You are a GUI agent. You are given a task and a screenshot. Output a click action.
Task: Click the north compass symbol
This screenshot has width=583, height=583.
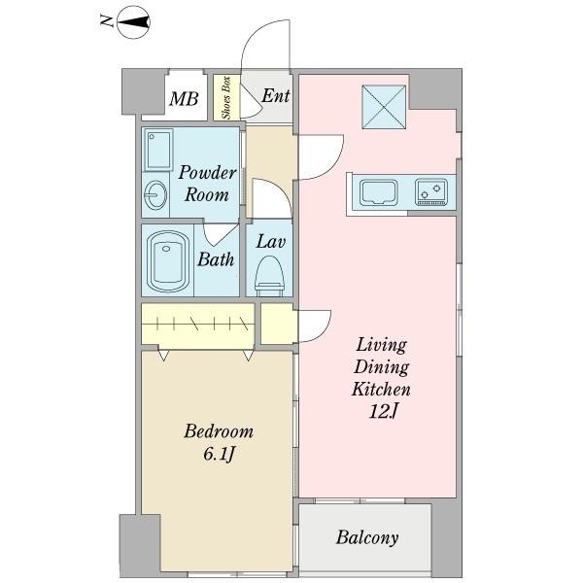click(133, 22)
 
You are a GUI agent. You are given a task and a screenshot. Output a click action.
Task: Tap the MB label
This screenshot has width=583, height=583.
click(184, 98)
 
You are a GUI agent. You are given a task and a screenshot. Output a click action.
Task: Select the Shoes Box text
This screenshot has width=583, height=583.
click(226, 97)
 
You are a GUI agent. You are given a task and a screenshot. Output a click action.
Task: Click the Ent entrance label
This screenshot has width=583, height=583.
click(276, 95)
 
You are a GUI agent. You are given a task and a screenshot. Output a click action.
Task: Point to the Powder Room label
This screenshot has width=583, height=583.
click(207, 184)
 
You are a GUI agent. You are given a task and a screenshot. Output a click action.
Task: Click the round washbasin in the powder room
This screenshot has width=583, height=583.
click(155, 195)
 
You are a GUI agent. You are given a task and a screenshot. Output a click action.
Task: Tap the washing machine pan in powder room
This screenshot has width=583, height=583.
click(158, 150)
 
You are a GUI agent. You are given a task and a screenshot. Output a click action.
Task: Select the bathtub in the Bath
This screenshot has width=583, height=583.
click(167, 260)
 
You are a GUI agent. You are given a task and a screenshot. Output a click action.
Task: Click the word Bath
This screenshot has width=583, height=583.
click(216, 259)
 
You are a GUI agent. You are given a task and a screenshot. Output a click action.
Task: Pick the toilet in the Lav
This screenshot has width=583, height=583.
click(269, 276)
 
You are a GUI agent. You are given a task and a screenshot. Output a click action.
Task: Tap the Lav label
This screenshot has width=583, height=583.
click(271, 242)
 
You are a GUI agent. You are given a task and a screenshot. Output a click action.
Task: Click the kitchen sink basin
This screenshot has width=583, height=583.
click(379, 191)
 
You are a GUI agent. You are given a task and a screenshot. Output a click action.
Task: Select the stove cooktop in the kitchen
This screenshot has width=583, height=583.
click(431, 191)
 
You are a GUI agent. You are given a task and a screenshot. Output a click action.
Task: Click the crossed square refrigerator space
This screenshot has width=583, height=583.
click(384, 107)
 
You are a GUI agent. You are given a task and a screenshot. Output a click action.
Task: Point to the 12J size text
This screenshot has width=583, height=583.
click(383, 411)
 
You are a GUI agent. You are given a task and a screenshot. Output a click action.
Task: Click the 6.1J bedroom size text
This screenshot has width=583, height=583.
click(219, 454)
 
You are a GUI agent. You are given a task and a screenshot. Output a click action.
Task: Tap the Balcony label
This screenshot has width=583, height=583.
click(367, 537)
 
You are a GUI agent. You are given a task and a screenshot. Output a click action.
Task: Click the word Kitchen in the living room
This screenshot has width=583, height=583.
click(381, 390)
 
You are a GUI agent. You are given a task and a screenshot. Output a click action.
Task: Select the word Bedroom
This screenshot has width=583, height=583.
click(219, 431)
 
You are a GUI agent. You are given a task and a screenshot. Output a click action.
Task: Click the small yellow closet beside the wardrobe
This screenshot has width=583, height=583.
click(278, 324)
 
